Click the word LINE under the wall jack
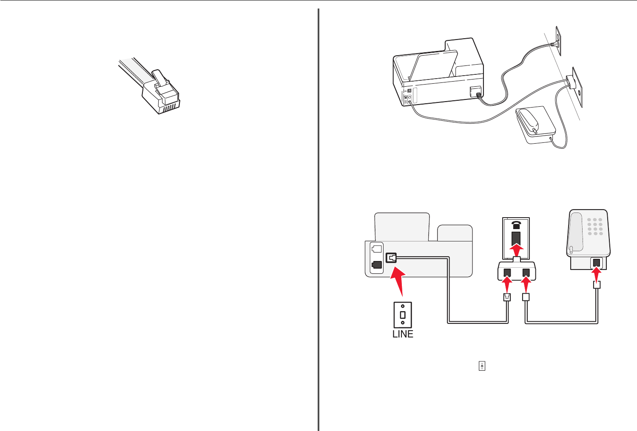click(x=403, y=334)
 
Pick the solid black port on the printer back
click(x=79, y=264)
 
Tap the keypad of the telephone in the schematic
click(x=595, y=227)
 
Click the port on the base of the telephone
click(x=597, y=263)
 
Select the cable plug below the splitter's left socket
click(x=507, y=297)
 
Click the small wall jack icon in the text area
click(x=482, y=366)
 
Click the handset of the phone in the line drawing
click(x=530, y=120)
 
